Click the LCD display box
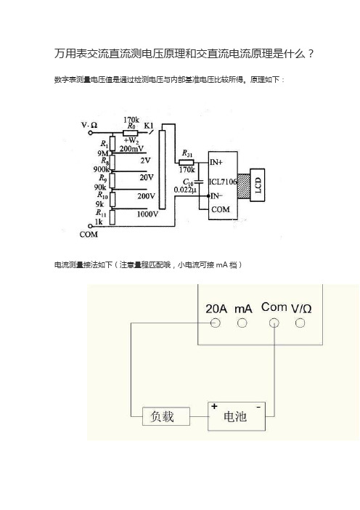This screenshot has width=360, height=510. [x=258, y=185]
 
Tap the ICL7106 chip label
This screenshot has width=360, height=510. [x=223, y=182]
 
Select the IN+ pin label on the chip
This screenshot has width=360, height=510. [x=216, y=162]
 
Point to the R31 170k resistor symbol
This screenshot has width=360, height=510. [x=187, y=162]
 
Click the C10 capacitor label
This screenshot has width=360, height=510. [x=188, y=182]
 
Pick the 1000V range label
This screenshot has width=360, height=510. [x=147, y=214]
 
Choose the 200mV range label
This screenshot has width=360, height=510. [x=131, y=149]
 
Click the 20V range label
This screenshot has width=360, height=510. [x=147, y=177]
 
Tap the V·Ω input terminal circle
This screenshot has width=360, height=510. [x=91, y=133]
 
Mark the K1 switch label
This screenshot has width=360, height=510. [x=149, y=126]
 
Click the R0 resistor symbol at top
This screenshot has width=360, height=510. [x=131, y=133]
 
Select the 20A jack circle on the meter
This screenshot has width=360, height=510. [x=216, y=323]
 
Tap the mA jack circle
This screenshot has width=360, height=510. [x=242, y=323]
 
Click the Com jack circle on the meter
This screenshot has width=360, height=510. [x=274, y=323]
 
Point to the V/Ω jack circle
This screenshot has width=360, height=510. [x=300, y=323]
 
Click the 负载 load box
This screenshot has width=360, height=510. [x=166, y=416]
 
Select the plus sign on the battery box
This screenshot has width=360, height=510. [x=214, y=406]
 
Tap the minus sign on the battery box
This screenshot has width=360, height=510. [x=258, y=407]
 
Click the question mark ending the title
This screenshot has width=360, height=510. [x=311, y=54]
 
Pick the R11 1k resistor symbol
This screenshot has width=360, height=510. [x=112, y=217]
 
